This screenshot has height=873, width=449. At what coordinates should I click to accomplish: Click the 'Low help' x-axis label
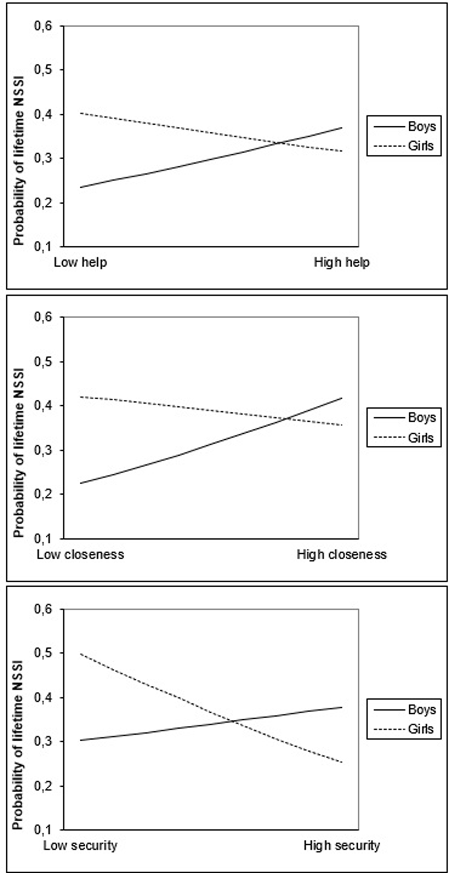(80, 262)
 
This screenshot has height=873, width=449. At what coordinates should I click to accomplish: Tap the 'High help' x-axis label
(342, 262)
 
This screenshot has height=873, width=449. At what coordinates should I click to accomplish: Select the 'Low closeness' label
(80, 554)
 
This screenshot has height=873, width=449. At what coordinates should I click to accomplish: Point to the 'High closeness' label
(342, 554)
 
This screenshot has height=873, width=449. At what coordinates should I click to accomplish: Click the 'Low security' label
(80, 845)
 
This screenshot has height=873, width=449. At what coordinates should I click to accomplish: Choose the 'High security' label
(342, 845)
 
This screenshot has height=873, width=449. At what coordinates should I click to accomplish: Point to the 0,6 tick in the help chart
(43, 26)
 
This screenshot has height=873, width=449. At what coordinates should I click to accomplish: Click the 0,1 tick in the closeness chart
(43, 538)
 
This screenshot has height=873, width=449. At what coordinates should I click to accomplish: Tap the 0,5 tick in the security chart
(43, 653)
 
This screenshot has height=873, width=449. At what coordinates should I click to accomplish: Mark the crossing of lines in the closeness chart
(288, 419)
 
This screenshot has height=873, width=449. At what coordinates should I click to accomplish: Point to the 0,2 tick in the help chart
(43, 203)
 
